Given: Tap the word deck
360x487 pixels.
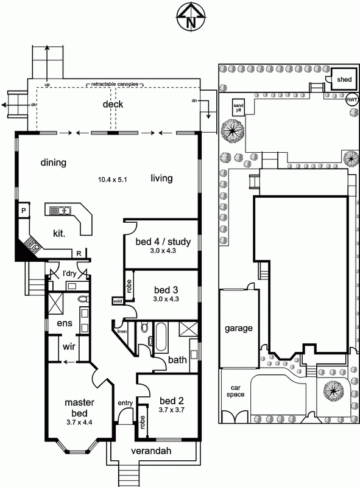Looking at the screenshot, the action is [113, 104].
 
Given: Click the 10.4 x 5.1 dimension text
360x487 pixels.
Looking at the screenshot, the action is [113, 180].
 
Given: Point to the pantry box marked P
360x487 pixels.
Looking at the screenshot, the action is [24, 211].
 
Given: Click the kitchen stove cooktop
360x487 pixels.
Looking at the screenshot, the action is [32, 245].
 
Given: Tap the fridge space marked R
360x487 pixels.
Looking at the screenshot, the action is [79, 253].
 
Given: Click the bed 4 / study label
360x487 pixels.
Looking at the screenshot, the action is [163, 242].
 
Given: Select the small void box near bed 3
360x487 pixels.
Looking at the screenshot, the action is [118, 301].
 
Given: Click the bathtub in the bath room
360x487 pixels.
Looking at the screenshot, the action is [161, 337].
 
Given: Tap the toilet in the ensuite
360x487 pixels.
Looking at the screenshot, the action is [83, 299].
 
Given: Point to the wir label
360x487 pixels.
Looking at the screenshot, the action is [69, 346].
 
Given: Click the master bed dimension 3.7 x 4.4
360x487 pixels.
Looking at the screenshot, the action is [79, 422].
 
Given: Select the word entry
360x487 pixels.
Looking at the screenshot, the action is [125, 403].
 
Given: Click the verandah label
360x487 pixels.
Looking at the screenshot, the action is [151, 450].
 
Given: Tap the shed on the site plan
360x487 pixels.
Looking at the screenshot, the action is [344, 79].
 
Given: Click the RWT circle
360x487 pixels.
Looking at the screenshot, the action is [352, 100].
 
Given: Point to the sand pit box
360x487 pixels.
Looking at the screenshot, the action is [238, 108].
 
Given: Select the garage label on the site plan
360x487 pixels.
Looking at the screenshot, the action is [239, 328].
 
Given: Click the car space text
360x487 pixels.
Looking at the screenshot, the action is [235, 391].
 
